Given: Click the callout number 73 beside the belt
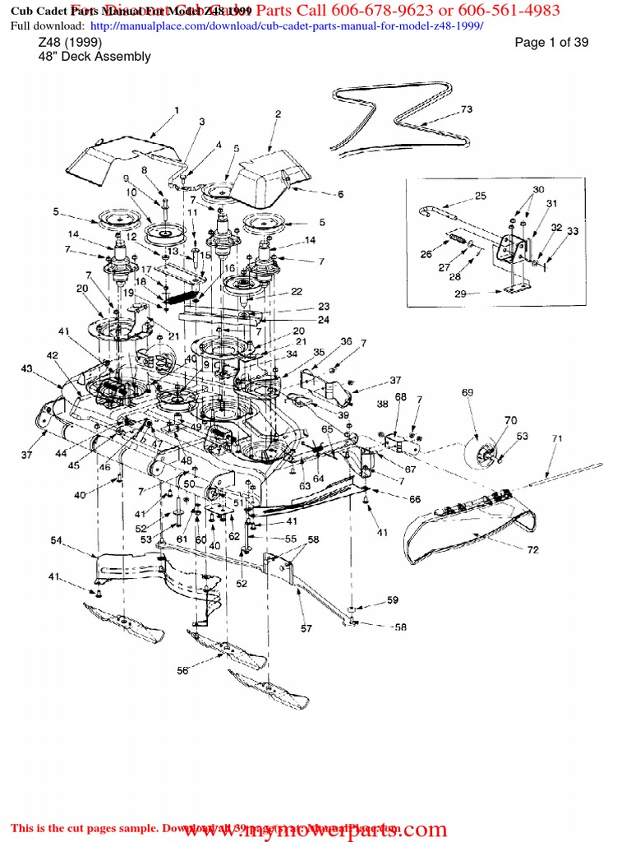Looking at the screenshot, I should point(466,109).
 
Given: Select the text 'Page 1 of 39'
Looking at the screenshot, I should point(551,43).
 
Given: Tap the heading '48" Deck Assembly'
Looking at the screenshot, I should point(94,57).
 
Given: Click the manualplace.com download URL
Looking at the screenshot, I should point(284,25).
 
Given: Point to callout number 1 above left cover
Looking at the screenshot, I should point(176,109).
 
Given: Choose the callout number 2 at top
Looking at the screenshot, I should point(278,114).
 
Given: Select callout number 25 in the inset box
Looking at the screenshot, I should point(481,196).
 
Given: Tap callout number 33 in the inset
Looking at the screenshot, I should point(573,232).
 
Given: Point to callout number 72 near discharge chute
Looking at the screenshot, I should point(532,549).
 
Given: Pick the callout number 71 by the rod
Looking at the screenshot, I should point(556,439).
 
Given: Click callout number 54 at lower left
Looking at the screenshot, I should point(57,539).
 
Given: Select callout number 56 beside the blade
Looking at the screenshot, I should point(182,671).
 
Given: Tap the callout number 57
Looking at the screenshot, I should point(306,628).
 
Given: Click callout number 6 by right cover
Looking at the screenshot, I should point(339,194).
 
